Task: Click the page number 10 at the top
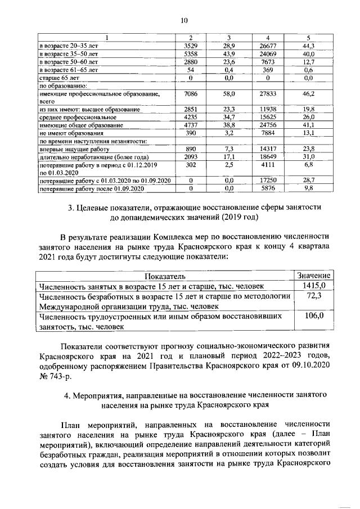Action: (x=183, y=21)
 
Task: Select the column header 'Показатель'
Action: (x=165, y=277)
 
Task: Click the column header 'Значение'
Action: (x=313, y=276)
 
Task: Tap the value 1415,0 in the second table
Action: (x=313, y=286)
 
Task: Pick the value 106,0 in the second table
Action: (x=313, y=317)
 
